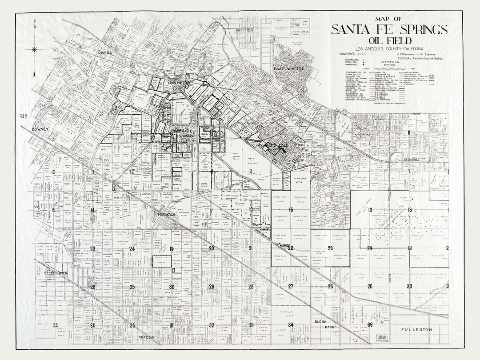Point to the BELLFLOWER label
click(55, 272)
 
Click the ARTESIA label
click(146, 337)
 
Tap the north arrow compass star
click(35, 49)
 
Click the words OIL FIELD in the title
click(388, 40)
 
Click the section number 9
click(251, 171)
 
